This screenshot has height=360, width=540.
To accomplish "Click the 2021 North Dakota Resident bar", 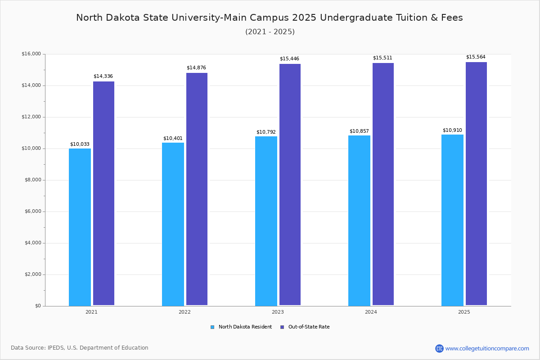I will [x=80, y=227].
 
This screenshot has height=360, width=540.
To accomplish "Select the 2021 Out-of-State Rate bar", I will [x=103, y=193].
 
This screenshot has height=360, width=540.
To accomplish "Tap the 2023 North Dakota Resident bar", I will [x=266, y=221].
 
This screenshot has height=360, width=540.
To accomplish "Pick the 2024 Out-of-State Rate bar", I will [x=383, y=184].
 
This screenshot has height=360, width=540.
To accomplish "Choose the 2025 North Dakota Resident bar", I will [x=452, y=220].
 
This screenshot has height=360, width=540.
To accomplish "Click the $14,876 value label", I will [x=196, y=68].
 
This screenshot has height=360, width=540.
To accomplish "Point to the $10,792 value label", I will [x=266, y=132].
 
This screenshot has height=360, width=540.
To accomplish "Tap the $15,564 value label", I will [x=476, y=57].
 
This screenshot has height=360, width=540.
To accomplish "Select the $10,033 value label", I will [x=80, y=144].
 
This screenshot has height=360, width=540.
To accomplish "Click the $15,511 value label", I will [x=382, y=58].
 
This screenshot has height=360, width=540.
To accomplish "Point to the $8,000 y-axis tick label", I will [x=31, y=180].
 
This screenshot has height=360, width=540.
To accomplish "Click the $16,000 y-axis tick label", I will [x=31, y=54].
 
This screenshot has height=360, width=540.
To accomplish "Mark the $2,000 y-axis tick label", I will [x=31, y=274].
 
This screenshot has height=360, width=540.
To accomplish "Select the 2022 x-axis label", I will [x=184, y=312].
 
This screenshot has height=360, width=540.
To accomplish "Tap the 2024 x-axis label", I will [x=371, y=312].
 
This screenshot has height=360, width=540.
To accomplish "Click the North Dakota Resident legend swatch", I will [x=212, y=327].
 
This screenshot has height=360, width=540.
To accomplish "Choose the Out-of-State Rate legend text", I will [x=309, y=327].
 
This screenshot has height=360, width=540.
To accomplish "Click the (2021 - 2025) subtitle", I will [x=270, y=32].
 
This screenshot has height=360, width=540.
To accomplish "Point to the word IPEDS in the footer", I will [x=57, y=348].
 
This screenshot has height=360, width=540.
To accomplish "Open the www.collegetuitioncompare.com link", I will [x=487, y=348].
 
